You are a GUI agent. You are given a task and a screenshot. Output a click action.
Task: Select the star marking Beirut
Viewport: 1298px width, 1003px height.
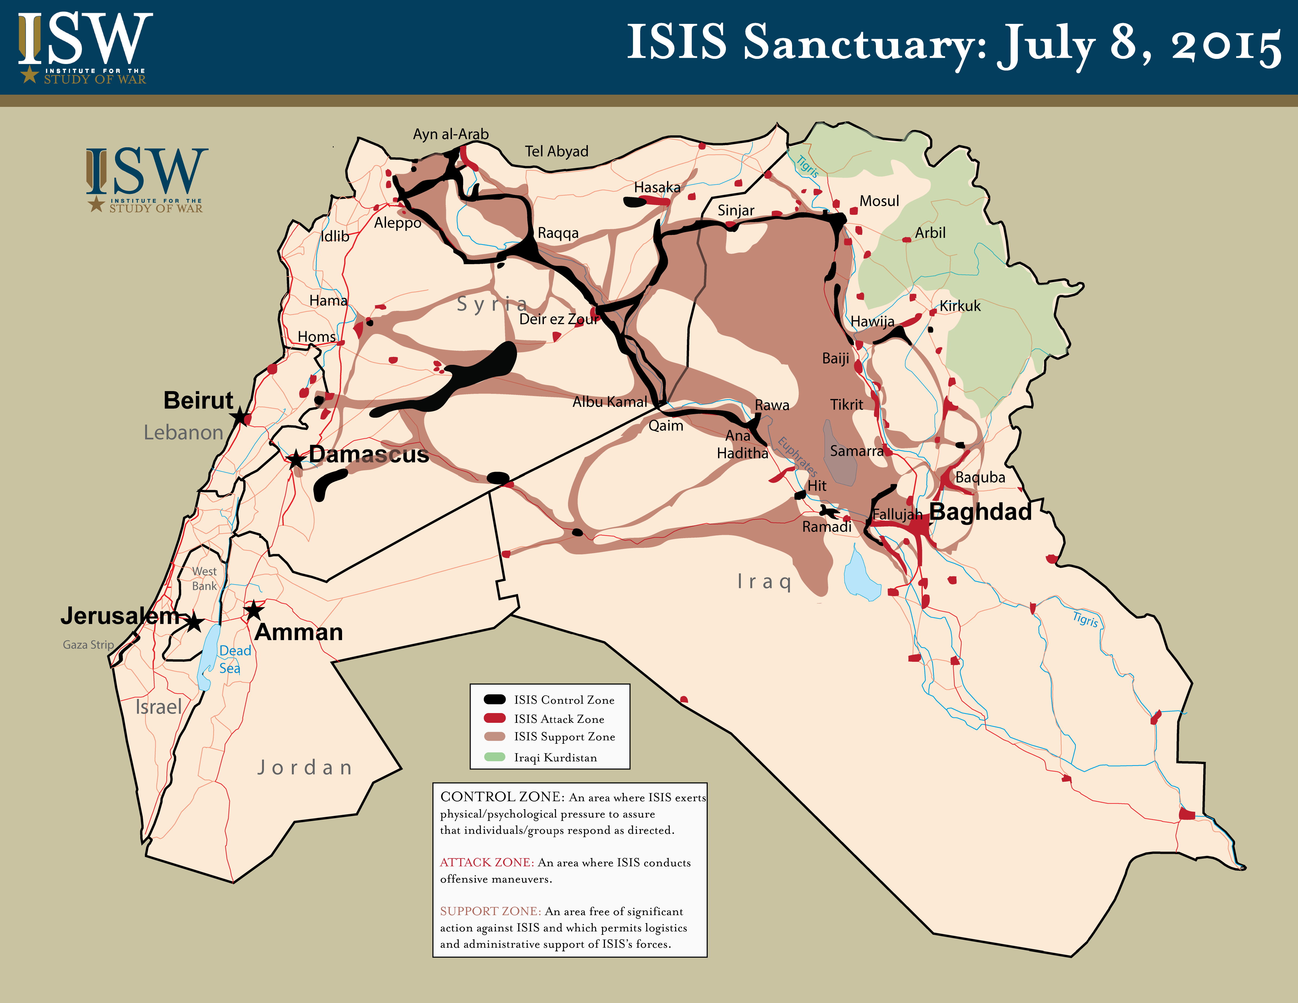[240, 417]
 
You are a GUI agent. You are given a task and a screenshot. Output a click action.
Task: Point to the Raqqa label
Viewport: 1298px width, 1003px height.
[557, 233]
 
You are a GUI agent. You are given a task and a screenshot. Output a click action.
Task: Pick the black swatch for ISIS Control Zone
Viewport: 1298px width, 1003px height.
[495, 699]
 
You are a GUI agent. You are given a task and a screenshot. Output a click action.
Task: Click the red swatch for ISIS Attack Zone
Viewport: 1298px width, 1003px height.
[495, 718]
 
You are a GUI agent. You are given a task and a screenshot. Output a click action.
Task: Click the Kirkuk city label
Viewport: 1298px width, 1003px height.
[960, 306]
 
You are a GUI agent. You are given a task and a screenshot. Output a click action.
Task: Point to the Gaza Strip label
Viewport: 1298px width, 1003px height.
[88, 645]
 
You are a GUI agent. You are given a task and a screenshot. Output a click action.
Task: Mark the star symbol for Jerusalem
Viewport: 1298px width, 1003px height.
[194, 623]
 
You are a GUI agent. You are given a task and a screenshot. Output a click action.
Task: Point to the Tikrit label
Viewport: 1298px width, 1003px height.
[846, 405]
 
